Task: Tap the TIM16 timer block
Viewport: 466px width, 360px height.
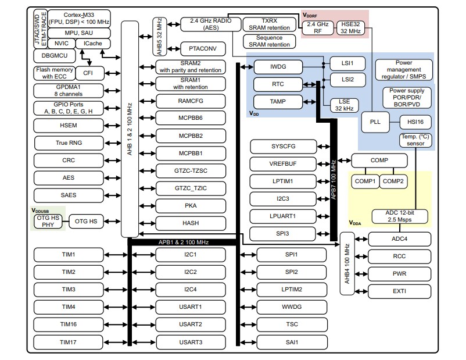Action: [68, 325]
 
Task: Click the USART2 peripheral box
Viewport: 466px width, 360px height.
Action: [191, 325]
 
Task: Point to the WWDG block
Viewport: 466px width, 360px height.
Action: [291, 307]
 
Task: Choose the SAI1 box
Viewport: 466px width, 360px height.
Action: [291, 342]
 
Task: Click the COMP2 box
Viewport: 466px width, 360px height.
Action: [393, 181]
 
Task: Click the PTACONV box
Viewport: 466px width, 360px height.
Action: [199, 48]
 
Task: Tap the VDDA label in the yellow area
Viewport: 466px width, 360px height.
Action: [356, 223]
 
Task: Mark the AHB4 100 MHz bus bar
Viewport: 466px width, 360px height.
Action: [347, 265]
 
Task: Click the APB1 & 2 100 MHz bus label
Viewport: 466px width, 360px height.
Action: [183, 241]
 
